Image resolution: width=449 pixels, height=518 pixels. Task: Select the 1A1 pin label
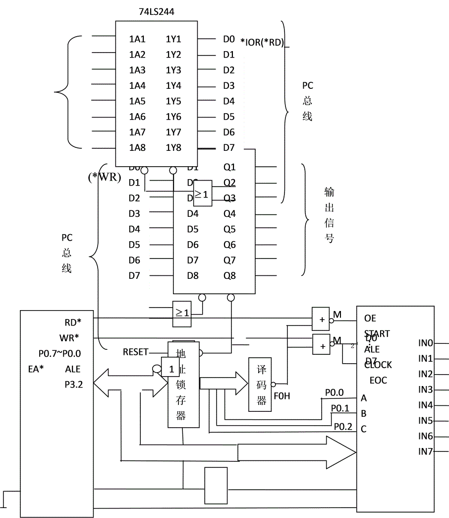[137, 39]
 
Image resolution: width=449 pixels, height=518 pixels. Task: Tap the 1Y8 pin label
[173, 148]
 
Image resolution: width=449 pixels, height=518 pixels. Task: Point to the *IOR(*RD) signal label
[262, 42]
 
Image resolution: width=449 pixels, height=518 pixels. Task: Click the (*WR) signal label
[104, 177]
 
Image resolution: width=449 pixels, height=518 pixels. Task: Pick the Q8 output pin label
[229, 276]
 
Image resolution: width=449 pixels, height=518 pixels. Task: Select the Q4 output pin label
[229, 214]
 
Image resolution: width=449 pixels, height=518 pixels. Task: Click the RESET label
[135, 352]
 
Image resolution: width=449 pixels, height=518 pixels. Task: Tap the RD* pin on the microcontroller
[73, 323]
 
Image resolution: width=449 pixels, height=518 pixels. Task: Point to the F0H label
[281, 397]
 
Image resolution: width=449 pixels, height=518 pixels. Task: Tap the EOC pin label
[378, 381]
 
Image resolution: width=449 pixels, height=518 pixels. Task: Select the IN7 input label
[425, 452]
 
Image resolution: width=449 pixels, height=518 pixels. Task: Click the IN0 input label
[425, 343]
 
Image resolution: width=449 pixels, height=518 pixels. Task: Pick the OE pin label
[370, 319]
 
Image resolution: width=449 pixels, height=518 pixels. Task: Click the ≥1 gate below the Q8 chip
[182, 314]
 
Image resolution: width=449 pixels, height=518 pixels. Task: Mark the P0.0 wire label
[334, 392]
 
